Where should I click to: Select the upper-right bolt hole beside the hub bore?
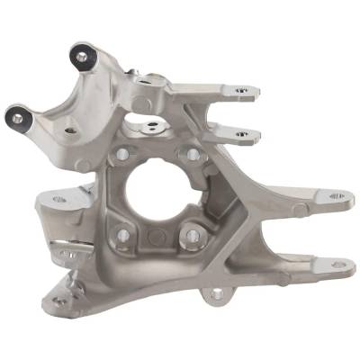tap(191, 154)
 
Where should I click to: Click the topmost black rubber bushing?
tap(82, 56)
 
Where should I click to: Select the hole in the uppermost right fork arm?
tap(241, 91)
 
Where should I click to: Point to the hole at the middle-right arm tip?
tap(336, 195)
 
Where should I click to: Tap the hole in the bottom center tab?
tap(213, 292)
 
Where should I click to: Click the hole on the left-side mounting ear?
tap(59, 199)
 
